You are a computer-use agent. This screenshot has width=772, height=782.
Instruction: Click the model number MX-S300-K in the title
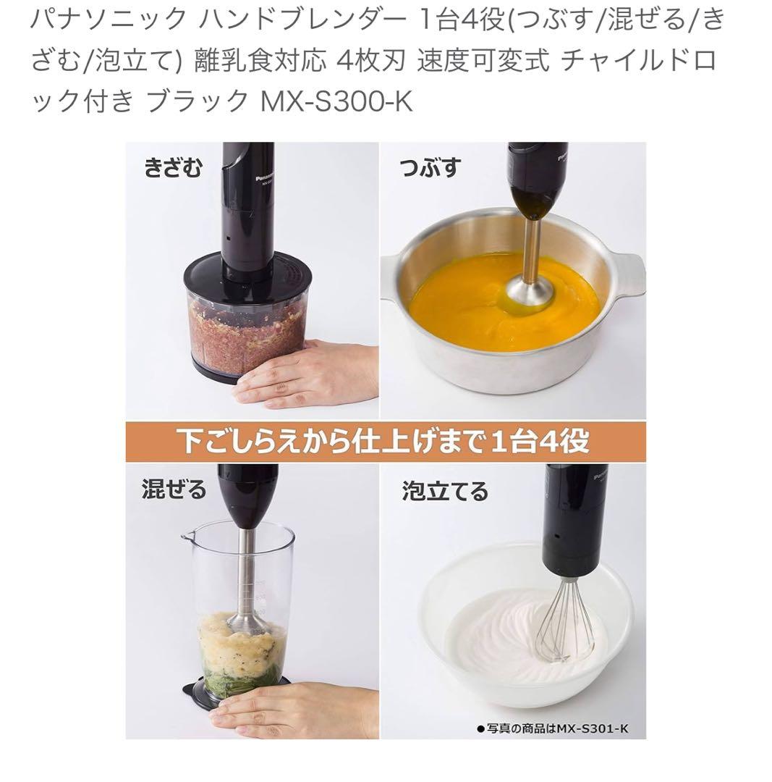click(337, 100)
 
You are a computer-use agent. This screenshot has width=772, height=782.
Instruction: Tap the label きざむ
click(174, 167)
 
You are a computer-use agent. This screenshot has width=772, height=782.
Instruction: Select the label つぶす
click(430, 167)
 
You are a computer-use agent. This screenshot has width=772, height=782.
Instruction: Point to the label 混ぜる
click(174, 489)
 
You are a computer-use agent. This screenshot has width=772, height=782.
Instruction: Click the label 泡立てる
click(445, 491)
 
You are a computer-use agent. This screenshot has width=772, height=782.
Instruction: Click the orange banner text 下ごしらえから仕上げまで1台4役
click(384, 442)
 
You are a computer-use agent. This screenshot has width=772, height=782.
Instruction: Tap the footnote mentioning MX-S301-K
click(553, 728)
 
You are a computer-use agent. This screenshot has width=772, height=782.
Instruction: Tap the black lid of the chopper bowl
click(247, 276)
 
